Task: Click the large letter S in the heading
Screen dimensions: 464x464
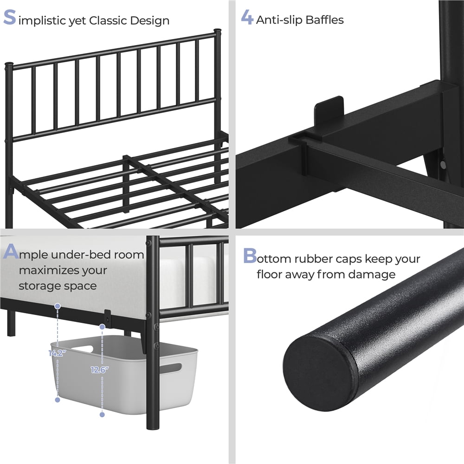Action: point(9,17)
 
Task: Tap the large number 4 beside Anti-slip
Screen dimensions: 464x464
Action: point(247,17)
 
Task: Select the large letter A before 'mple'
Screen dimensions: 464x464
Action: point(11,251)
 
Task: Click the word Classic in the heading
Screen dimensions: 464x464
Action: point(108,20)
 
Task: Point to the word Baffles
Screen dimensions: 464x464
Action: point(324,20)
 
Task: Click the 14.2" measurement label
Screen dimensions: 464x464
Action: point(57,353)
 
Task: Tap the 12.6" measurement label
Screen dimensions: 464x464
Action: point(100,370)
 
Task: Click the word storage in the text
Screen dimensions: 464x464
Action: point(39,286)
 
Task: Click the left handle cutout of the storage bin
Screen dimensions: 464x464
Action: point(83,348)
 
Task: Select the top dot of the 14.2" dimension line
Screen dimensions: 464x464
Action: point(58,306)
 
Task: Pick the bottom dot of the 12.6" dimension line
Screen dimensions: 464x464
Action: point(102,414)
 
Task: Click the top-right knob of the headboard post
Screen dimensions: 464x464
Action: point(218,31)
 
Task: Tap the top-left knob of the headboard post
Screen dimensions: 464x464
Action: point(9,64)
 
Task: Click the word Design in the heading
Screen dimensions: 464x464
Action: point(150,21)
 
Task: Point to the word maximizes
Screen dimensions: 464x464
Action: point(63,270)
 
